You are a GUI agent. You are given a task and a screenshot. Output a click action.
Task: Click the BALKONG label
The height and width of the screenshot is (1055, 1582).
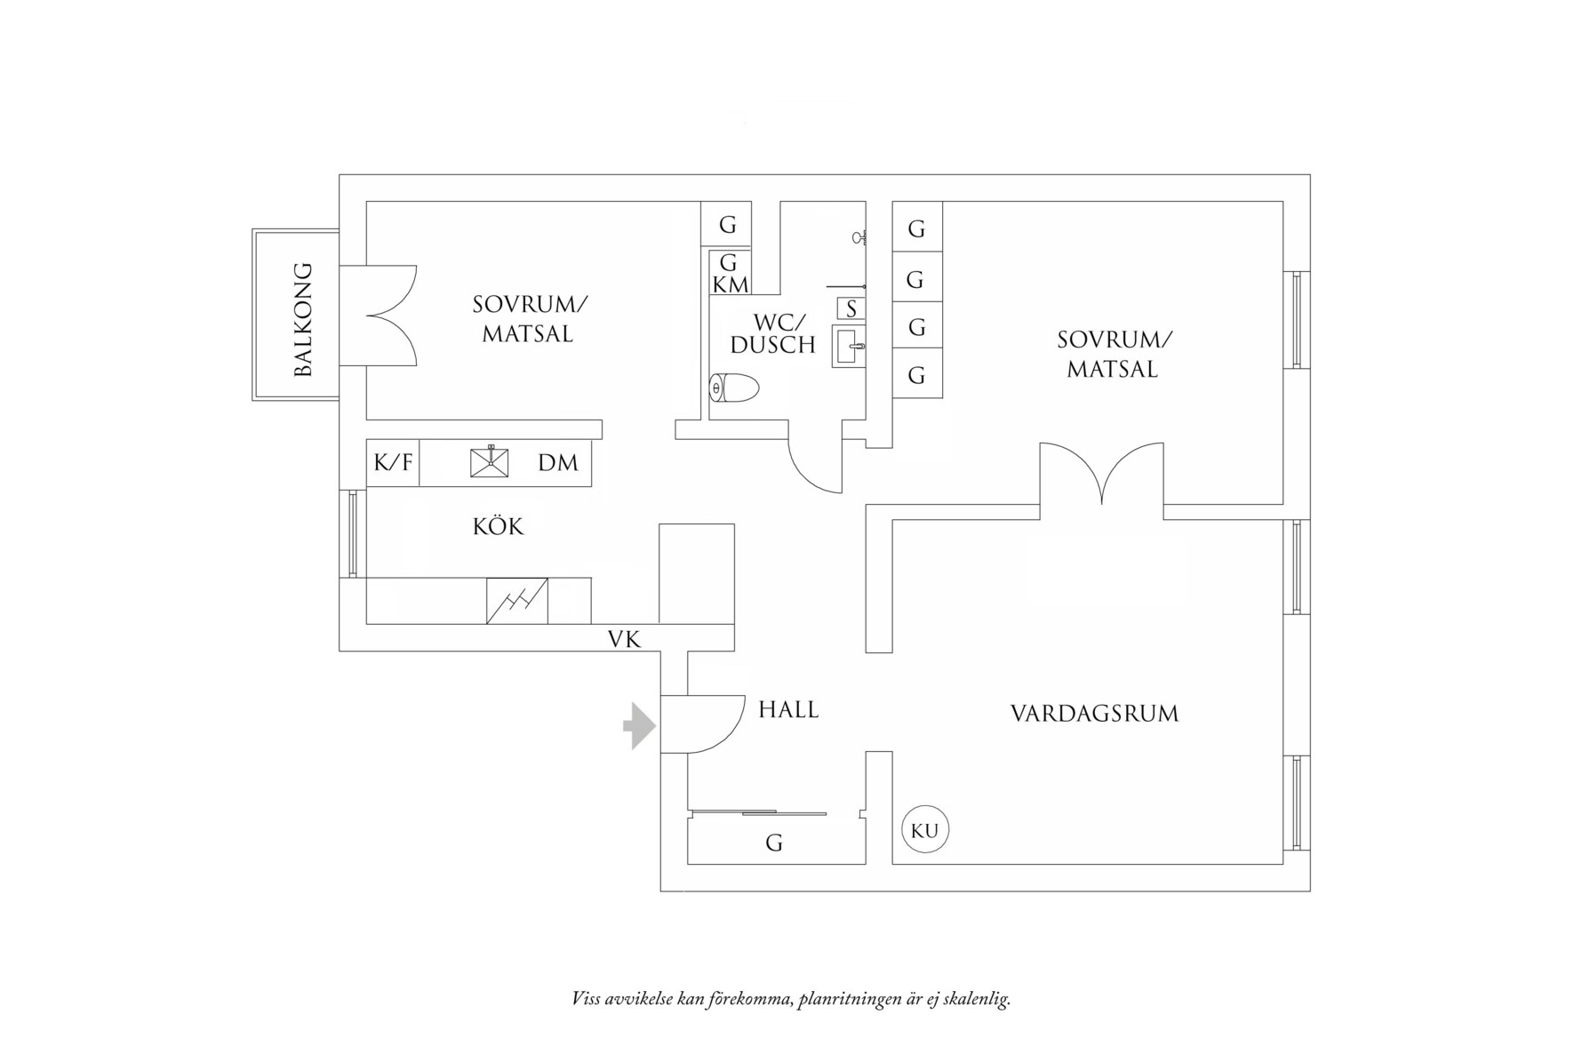(303, 319)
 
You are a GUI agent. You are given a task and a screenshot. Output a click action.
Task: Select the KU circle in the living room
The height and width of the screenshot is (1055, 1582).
(925, 830)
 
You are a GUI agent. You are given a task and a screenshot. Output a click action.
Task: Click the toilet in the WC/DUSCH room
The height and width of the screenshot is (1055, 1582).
(736, 388)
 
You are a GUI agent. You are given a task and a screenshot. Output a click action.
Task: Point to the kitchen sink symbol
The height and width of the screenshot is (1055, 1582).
(489, 462)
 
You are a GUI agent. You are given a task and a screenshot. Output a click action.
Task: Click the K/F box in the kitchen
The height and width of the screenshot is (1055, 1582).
(393, 463)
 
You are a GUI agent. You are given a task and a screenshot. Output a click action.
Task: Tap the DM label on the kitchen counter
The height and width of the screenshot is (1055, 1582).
(557, 463)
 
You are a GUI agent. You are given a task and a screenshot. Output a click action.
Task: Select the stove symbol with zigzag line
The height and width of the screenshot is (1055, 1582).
(516, 601)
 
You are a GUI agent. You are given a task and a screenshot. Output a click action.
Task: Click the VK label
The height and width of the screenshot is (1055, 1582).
(624, 639)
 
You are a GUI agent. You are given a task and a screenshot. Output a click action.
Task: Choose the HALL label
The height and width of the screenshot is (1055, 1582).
(788, 709)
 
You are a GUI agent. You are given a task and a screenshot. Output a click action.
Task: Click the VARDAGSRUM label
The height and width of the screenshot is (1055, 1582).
(1094, 714)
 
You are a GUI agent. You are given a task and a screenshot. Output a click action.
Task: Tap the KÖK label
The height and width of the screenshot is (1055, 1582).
(498, 526)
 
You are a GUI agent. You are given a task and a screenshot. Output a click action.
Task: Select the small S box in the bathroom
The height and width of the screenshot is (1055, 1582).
(851, 308)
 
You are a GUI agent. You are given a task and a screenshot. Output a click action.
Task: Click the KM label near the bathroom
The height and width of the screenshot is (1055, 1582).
(731, 285)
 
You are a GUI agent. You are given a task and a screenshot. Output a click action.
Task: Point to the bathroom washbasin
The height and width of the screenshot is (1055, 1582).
(850, 346)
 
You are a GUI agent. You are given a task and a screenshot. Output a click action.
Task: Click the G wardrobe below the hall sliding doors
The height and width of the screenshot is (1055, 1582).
(774, 842)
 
